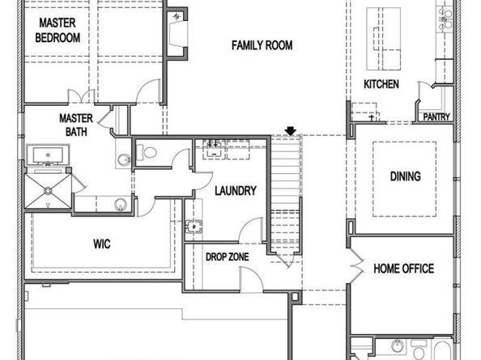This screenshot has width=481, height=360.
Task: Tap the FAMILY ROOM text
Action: [x=262, y=45]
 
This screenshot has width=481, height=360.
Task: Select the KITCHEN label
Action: [x=381, y=84]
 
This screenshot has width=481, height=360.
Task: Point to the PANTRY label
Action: [x=436, y=117]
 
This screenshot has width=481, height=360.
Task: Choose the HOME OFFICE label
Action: [x=403, y=269]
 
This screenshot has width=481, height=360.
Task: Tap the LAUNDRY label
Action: [x=236, y=192]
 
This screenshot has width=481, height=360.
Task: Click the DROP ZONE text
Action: [x=227, y=257]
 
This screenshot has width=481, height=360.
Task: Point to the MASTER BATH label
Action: [x=76, y=125]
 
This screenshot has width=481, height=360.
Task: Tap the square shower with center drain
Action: [x=51, y=191]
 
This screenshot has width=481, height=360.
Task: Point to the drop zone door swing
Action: [x=251, y=279]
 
